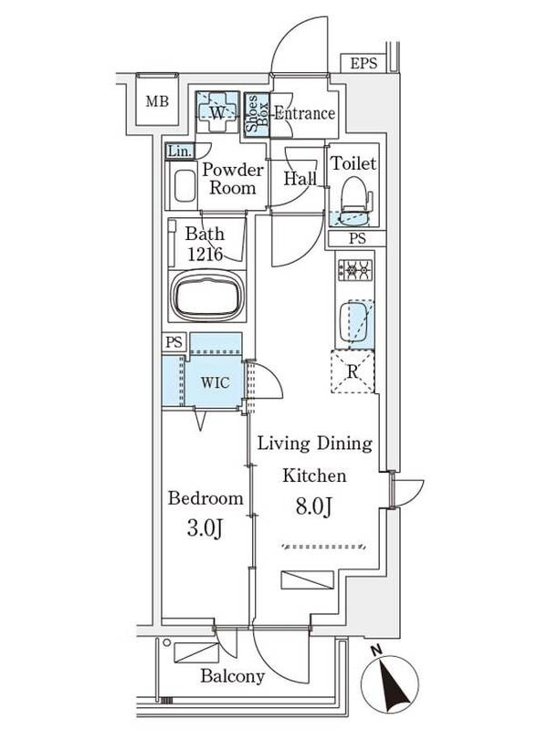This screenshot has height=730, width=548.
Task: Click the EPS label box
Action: point(364,63)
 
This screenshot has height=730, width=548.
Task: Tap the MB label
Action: point(157,101)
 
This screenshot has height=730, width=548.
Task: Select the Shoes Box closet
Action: point(257,114)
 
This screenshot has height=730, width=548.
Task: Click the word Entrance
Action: point(304,113)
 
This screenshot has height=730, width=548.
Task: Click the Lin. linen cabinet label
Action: point(179,151)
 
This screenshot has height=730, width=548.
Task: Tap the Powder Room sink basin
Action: point(184,186)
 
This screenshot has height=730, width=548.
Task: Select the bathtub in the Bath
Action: point(207,296)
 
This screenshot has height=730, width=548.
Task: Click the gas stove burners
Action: point(355,269)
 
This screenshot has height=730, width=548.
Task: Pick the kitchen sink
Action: point(356,322)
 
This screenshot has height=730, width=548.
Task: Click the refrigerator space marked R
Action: point(353,371)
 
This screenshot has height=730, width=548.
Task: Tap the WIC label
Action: point(216,382)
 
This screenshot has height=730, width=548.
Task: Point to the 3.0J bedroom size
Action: point(205,528)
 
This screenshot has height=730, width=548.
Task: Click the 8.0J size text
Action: point(314,506)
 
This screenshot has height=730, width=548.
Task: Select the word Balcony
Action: point(233,676)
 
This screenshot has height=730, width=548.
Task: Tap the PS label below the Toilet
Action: point(357,238)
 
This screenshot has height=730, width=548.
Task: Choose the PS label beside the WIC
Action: point(174,343)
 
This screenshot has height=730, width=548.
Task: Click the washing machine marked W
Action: point(217,112)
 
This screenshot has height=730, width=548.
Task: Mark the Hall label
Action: point(300,178)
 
